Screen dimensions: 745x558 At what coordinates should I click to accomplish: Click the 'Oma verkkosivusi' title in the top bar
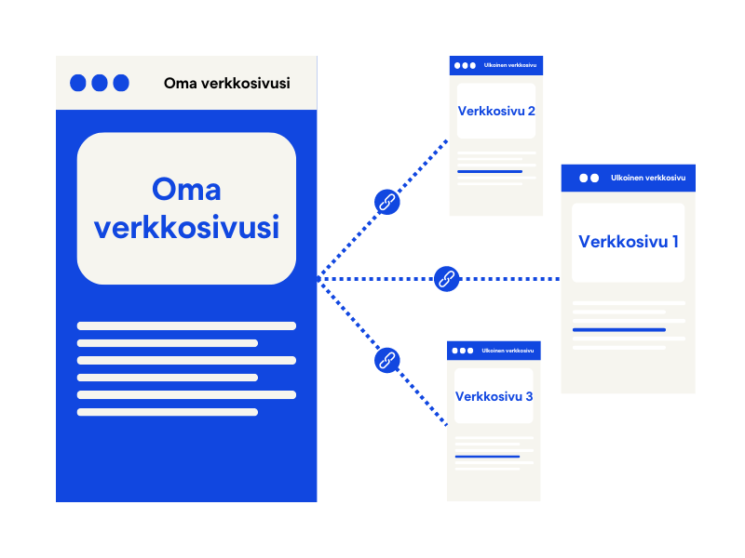[x=226, y=83]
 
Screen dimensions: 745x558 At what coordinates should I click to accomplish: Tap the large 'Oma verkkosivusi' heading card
[x=186, y=208]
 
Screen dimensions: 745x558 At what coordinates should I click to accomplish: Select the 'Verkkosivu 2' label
[x=496, y=111]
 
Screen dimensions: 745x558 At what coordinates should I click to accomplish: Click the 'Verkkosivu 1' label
[x=629, y=242]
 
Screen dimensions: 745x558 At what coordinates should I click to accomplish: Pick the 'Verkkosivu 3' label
[x=494, y=396]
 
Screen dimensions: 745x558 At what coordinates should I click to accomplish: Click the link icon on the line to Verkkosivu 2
[x=386, y=202]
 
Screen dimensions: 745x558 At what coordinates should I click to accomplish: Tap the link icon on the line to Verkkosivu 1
[x=447, y=278]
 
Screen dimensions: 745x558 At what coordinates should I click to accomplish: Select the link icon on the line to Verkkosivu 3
[x=386, y=360]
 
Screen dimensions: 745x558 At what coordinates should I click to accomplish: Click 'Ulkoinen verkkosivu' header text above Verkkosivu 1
[x=648, y=178]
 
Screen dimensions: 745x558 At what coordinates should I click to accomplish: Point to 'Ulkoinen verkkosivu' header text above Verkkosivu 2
[x=509, y=65]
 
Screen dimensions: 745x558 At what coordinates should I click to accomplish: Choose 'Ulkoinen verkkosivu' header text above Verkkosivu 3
[x=508, y=351]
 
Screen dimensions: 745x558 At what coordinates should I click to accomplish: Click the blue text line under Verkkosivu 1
[x=618, y=329]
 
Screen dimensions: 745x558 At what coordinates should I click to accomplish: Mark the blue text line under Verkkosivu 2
[x=489, y=172]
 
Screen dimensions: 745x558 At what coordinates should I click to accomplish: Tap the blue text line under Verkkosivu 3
[x=487, y=457]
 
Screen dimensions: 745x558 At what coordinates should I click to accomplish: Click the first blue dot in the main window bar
[x=78, y=83]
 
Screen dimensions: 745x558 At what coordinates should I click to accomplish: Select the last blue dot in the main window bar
[x=121, y=83]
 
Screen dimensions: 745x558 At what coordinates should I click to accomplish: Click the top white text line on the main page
[x=186, y=325]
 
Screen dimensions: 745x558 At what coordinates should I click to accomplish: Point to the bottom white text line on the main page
[x=168, y=412]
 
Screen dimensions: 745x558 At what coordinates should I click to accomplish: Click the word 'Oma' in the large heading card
[x=186, y=189]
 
